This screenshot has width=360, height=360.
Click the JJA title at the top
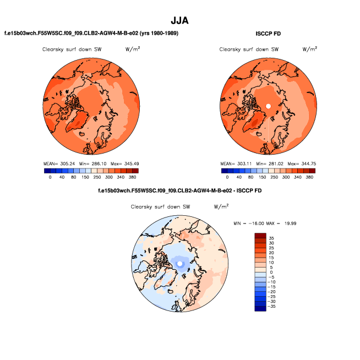click(x=180, y=20)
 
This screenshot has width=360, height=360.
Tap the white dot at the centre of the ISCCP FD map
click(x=268, y=105)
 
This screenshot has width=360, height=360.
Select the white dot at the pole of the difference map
click(x=179, y=264)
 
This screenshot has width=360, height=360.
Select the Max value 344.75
click(x=306, y=163)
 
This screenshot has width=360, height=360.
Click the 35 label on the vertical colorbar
click(x=271, y=238)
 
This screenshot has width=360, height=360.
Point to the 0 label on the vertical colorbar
click(x=271, y=272)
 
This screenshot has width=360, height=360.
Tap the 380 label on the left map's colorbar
click(x=133, y=177)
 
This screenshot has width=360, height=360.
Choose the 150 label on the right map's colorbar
click(x=262, y=177)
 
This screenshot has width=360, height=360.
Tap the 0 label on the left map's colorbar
click(x=50, y=177)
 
